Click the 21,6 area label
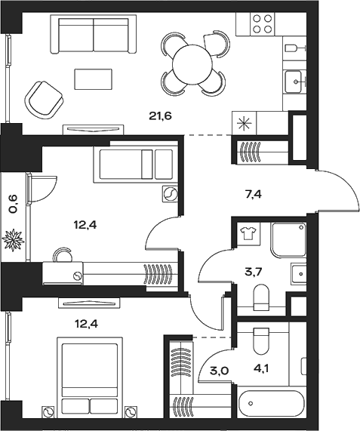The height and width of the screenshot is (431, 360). [x=160, y=116]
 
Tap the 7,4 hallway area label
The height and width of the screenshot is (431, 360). [x=253, y=195]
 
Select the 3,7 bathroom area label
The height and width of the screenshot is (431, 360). [x=254, y=272]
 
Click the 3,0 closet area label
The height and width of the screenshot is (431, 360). [x=220, y=371]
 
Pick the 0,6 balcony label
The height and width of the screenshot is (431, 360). [x=14, y=204]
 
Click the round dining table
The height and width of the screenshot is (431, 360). [x=192, y=65]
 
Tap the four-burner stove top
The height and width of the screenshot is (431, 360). [x=263, y=24]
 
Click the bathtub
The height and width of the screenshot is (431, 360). [x=271, y=403]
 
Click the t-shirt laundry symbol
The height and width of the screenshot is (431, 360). [x=248, y=234]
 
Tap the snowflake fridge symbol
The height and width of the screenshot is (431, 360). [x=245, y=123]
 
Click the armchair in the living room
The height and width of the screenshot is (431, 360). [x=44, y=100]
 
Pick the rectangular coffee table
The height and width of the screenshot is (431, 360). [x=94, y=79]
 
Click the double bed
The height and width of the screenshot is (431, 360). [x=90, y=374]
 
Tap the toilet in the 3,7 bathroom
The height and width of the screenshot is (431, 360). [x=261, y=297]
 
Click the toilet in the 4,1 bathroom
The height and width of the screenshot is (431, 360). [x=261, y=341]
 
